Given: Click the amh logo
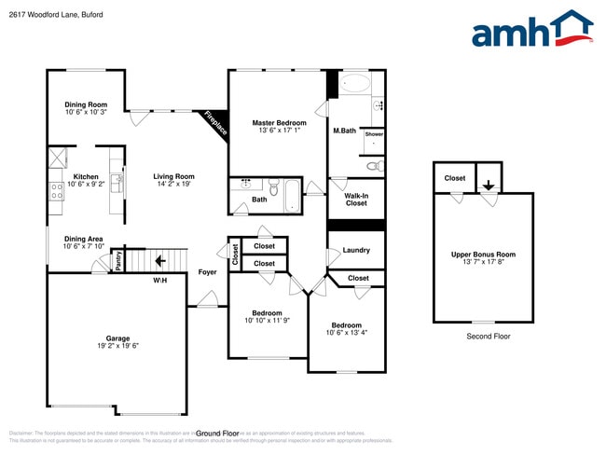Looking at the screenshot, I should pyautogui.click(x=532, y=30).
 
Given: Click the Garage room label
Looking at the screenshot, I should pyautogui.click(x=117, y=338).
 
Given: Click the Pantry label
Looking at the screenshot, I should pyautogui.click(x=118, y=260).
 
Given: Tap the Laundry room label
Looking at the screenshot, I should pyautogui.click(x=356, y=250).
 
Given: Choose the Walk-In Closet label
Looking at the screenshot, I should pyautogui.click(x=356, y=199).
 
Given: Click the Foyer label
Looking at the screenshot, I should pyautogui.click(x=208, y=272).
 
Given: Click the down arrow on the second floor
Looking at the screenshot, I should pyautogui.click(x=489, y=185).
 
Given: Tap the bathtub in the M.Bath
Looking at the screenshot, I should pyautogui.click(x=354, y=84).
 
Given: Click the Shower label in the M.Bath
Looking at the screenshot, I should pyautogui.click(x=374, y=134).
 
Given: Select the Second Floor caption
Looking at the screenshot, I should pyautogui.click(x=488, y=337).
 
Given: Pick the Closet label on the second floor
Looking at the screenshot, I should pyautogui.click(x=455, y=178).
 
